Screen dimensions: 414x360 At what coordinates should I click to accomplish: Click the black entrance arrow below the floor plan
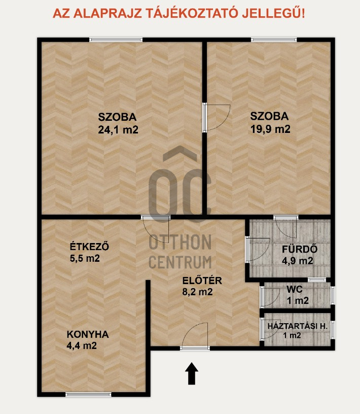coord(192,373)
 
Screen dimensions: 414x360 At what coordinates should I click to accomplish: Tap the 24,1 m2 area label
coord(118,129)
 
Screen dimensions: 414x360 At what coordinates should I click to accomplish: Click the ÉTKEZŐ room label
coord(89,247)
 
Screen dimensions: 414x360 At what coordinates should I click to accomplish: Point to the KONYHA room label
coord(88,334)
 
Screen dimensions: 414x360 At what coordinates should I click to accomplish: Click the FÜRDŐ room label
coord(299,249)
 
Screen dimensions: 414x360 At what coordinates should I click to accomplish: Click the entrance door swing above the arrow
coord(196,336)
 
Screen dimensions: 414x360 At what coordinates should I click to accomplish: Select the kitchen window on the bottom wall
coord(88,394)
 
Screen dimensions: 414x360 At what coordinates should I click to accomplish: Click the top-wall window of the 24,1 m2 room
coord(116,40)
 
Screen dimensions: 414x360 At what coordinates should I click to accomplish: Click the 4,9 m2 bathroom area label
coord(298,261)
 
